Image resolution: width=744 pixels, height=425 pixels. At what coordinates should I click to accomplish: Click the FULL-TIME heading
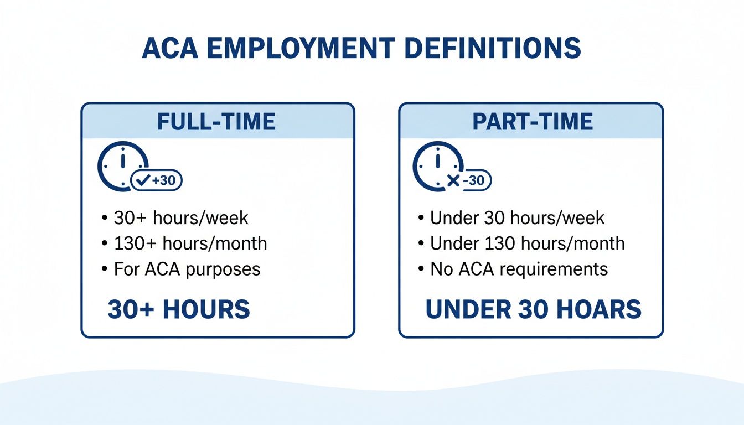[216, 122]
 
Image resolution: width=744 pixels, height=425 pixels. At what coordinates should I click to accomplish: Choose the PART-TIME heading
[533, 122]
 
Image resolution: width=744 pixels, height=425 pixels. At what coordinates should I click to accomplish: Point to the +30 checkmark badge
[156, 180]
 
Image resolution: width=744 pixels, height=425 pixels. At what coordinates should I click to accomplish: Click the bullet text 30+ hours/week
[181, 218]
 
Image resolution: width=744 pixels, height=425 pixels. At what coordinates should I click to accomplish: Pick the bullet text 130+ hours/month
[190, 243]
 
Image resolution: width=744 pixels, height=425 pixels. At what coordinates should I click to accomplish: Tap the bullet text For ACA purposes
[187, 269]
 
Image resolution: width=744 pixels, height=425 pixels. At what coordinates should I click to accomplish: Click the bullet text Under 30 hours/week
[517, 218]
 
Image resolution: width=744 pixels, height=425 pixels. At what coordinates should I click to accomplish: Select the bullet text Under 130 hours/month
[527, 243]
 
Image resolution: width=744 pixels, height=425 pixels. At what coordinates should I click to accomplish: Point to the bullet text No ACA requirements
[519, 269]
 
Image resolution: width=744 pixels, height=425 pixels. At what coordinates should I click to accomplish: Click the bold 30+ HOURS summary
[179, 310]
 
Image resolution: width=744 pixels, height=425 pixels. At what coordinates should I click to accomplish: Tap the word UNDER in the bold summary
[467, 310]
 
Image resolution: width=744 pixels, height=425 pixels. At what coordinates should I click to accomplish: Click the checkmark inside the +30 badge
[143, 180]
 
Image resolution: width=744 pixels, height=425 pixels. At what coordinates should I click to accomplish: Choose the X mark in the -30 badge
[453, 181]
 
